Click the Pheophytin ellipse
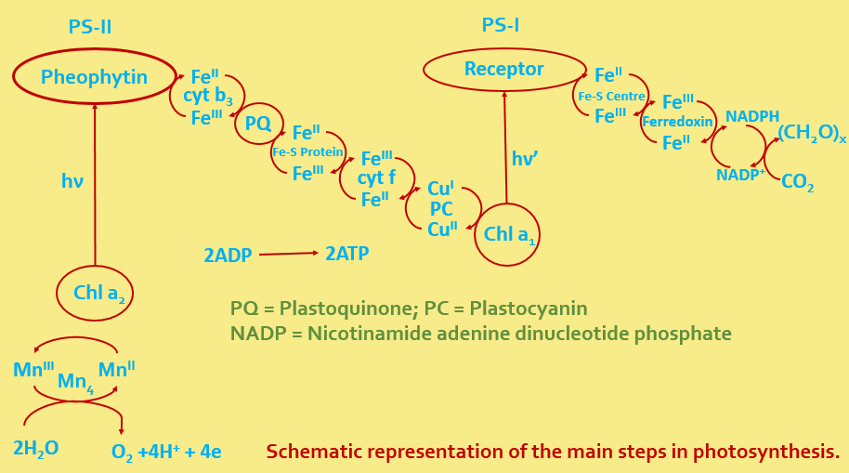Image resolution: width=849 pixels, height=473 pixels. (94, 77)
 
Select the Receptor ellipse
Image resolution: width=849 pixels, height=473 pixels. (504, 70)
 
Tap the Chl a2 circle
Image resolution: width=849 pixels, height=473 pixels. (95, 294)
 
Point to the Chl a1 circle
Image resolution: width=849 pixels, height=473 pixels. (507, 235)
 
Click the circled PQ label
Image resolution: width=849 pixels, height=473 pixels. (258, 124)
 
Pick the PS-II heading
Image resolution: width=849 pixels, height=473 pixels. (90, 27)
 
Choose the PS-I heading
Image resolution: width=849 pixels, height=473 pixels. (500, 25)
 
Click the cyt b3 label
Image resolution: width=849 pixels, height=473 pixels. (207, 97)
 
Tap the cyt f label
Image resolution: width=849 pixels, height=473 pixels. (376, 178)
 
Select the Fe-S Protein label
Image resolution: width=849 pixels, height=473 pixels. (307, 152)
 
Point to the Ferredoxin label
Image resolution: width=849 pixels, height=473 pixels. (677, 122)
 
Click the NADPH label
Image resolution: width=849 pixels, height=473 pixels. (752, 116)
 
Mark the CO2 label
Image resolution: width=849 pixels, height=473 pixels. (797, 182)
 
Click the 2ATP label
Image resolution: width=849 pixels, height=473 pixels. (346, 253)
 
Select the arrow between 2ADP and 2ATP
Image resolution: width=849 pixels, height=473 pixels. (288, 254)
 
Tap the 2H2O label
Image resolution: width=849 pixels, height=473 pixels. (36, 449)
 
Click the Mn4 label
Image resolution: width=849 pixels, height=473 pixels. (75, 382)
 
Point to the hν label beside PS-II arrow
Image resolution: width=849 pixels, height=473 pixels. (72, 181)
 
